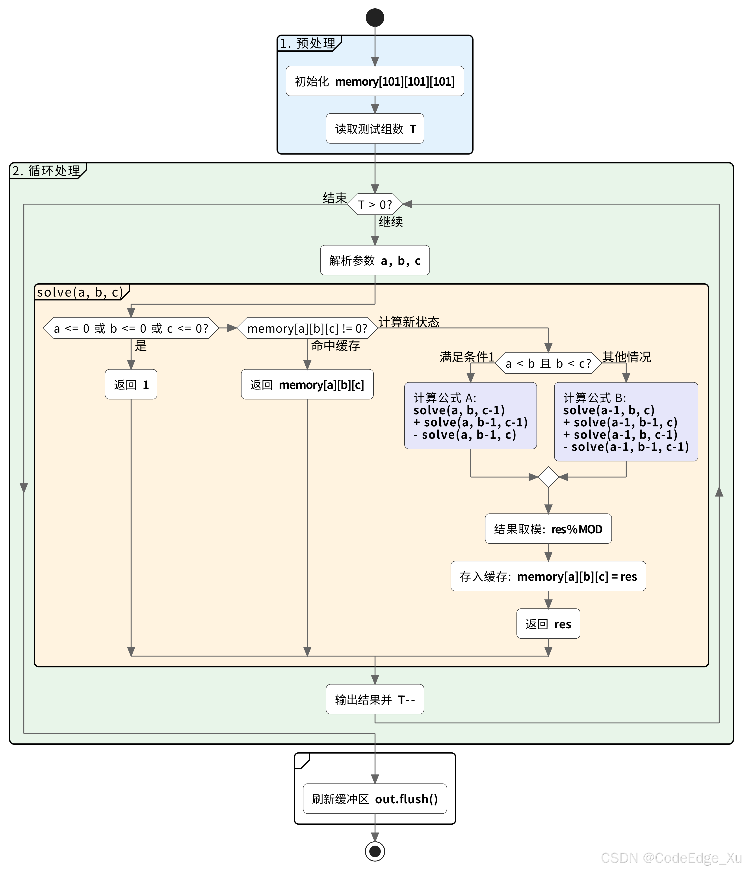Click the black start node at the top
[375, 18]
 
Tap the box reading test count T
[375, 129]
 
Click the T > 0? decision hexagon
[375, 205]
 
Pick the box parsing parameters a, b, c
[375, 260]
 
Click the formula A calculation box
[470, 416]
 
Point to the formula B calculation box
[626, 422]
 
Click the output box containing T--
[375, 699]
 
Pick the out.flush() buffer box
[375, 799]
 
